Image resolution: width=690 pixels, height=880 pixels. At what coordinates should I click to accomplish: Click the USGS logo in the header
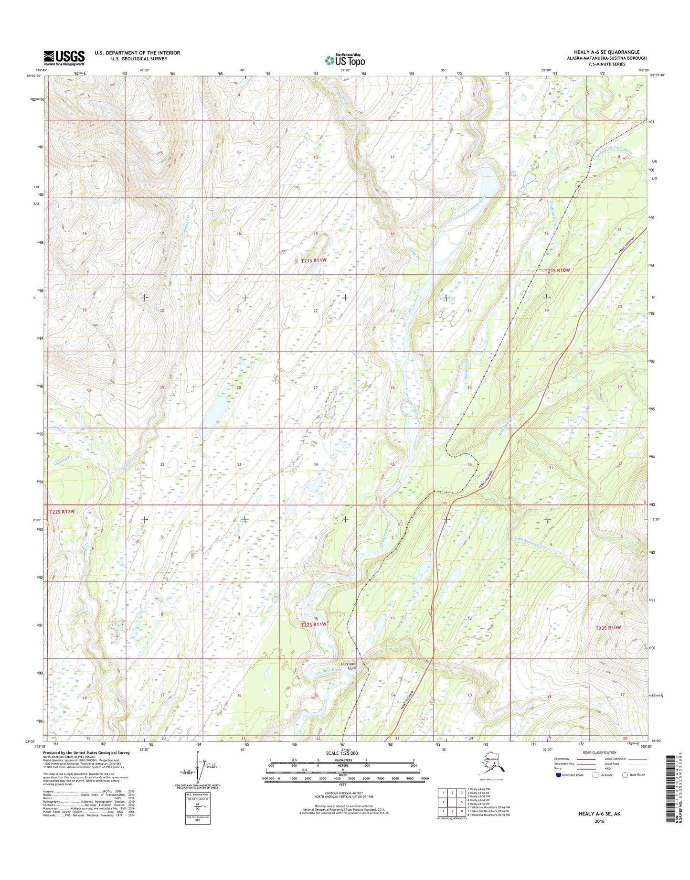pos(64,58)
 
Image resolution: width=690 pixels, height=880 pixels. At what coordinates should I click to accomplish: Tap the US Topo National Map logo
pos(345,60)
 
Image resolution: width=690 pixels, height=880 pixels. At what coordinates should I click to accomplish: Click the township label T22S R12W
pos(62,512)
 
